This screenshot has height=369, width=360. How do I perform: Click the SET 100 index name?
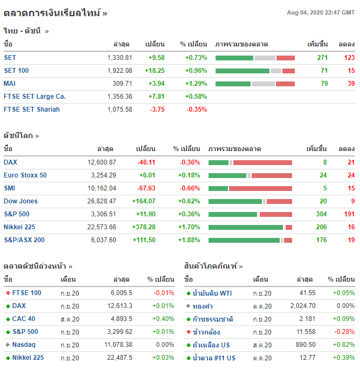pyautogui.click(x=16, y=71)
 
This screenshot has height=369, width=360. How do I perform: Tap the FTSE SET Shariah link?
pyautogui.click(x=32, y=110)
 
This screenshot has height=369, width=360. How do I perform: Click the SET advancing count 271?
pyautogui.click(x=322, y=58)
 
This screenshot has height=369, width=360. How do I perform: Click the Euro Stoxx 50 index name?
pyautogui.click(x=25, y=175)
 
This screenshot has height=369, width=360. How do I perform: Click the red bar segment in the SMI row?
pyautogui.click(x=260, y=188)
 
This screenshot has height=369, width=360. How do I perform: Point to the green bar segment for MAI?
pyautogui.click(x=233, y=84)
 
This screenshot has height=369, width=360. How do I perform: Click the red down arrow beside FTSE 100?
pyautogui.click(x=8, y=293)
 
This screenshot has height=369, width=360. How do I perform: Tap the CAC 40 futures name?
pyautogui.click(x=24, y=319)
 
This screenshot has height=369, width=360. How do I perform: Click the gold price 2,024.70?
pyautogui.click(x=302, y=306)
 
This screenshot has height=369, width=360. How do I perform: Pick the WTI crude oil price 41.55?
pyautogui.click(x=308, y=293)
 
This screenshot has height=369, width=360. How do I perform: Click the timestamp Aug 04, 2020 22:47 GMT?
pyautogui.click(x=321, y=12)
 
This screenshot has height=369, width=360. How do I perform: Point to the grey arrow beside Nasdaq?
pyautogui.click(x=8, y=345)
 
